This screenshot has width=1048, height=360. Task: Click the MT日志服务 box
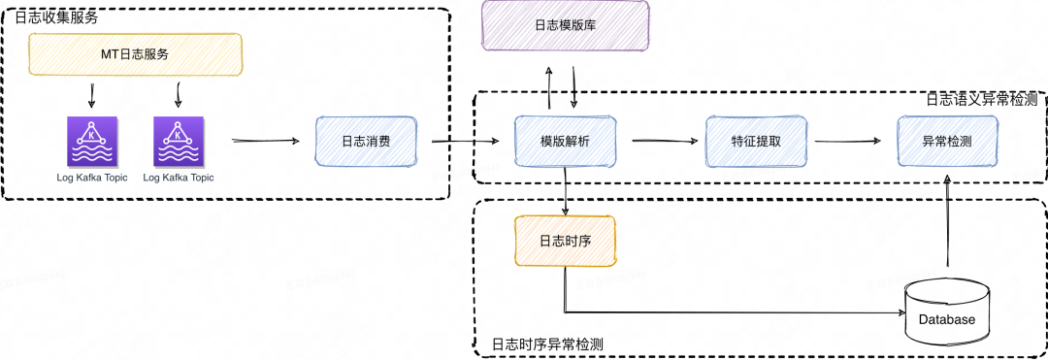(135, 54)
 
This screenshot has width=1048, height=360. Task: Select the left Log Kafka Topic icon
(92, 142)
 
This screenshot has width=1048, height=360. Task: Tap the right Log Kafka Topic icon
(178, 142)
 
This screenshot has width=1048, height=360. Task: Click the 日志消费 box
(366, 141)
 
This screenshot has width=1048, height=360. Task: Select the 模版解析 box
(564, 141)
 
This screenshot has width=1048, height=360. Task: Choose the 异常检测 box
(947, 141)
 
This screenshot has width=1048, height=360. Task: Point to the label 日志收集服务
(56, 17)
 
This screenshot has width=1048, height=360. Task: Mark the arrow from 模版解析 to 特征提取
(666, 142)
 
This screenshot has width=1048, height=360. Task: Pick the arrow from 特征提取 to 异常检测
(848, 142)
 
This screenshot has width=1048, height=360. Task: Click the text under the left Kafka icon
(92, 178)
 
